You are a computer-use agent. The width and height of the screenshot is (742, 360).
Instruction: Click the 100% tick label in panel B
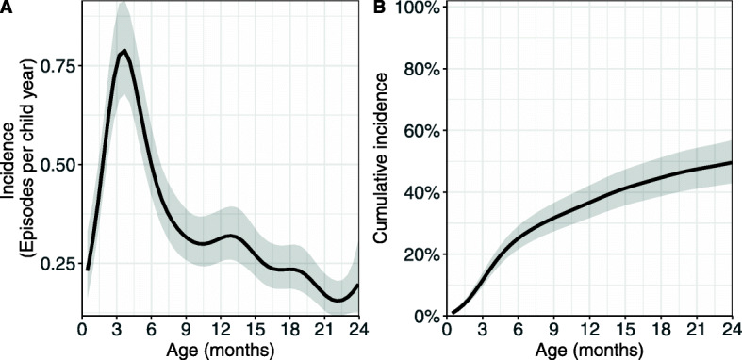click(419, 8)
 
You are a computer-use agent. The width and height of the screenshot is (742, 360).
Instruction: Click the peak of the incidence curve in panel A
click(124, 51)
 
